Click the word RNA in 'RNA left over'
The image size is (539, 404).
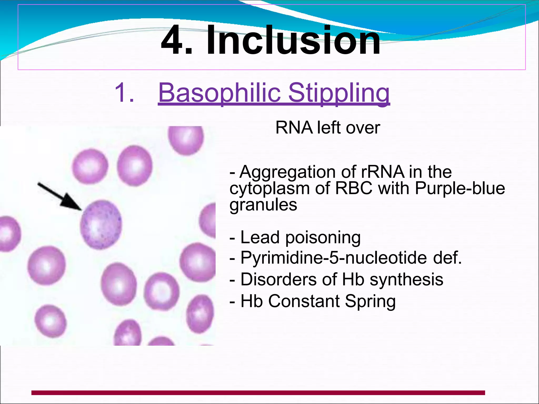point(294,128)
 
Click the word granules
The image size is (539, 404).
point(263,205)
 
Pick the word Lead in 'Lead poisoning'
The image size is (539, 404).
point(260,237)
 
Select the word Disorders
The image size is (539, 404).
point(278,279)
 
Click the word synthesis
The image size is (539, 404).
point(406,280)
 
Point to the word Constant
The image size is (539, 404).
point(304,301)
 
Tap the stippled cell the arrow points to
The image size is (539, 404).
point(101,225)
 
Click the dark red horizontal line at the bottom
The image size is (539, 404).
point(258,393)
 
